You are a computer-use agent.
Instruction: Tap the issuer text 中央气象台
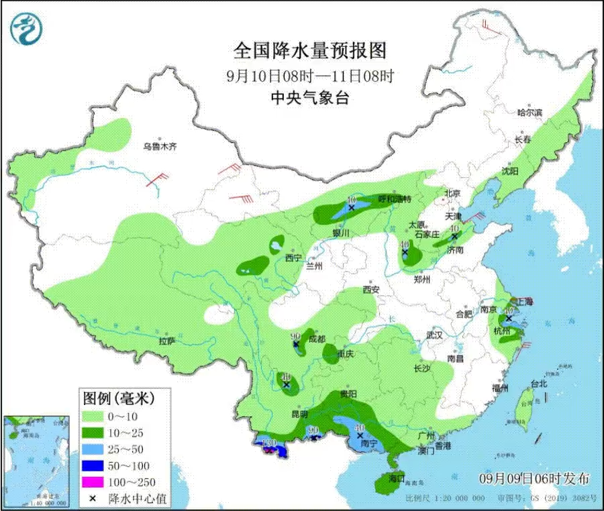[309, 97]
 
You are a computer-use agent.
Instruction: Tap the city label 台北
[539, 384]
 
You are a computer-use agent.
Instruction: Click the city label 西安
[371, 290]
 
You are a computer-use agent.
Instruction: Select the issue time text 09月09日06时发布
[535, 478]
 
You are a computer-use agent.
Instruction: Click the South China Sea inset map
[36, 460]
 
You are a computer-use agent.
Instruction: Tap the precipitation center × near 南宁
[360, 435]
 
